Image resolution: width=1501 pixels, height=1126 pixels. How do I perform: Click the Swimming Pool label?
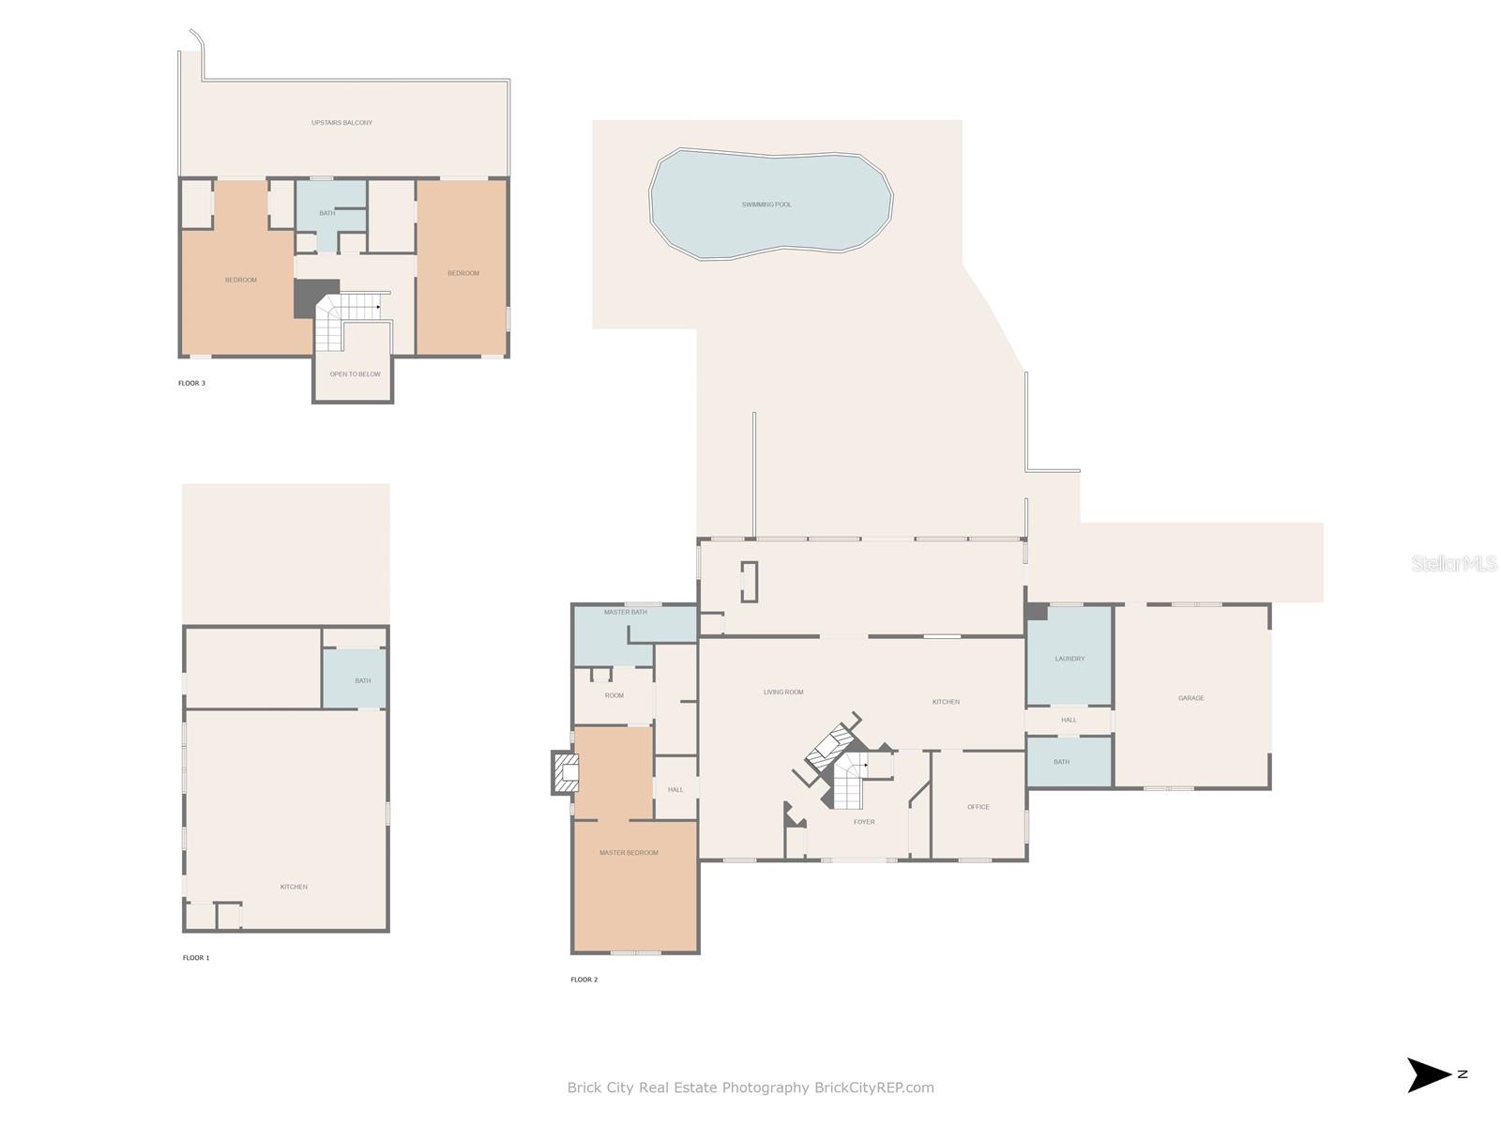pyautogui.click(x=766, y=205)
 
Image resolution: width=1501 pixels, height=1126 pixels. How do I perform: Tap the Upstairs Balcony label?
pyautogui.click(x=341, y=122)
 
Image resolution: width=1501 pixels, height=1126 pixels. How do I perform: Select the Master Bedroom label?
pyautogui.click(x=629, y=853)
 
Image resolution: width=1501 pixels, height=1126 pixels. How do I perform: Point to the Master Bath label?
pyautogui.click(x=625, y=612)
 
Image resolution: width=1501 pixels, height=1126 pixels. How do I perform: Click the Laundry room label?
pyautogui.click(x=1069, y=659)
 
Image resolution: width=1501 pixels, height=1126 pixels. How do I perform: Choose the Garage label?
pyautogui.click(x=1190, y=698)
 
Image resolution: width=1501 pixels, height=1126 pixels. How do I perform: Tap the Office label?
pyautogui.click(x=978, y=807)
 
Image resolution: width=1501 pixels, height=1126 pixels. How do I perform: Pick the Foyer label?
pyautogui.click(x=864, y=822)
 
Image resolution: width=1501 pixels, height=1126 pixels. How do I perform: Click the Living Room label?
pyautogui.click(x=783, y=692)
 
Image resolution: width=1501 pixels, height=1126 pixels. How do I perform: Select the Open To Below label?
pyautogui.click(x=355, y=374)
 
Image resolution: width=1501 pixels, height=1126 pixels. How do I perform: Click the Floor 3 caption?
pyautogui.click(x=191, y=383)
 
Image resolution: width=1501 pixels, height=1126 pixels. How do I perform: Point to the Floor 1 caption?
pyautogui.click(x=195, y=958)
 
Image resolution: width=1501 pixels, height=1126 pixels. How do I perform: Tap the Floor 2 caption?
pyautogui.click(x=584, y=980)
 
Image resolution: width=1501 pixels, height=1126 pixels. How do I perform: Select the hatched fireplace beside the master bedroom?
pyautogui.click(x=566, y=773)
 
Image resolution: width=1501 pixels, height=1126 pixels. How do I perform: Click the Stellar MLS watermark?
pyautogui.click(x=1454, y=563)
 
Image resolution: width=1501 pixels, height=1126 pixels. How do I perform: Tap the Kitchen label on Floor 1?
pyautogui.click(x=294, y=887)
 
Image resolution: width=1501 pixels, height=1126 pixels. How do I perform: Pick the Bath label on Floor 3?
pyautogui.click(x=326, y=213)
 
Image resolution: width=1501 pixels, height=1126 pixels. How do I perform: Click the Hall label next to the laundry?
pyautogui.click(x=1069, y=720)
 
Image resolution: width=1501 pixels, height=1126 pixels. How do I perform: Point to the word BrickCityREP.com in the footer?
pyautogui.click(x=874, y=1087)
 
